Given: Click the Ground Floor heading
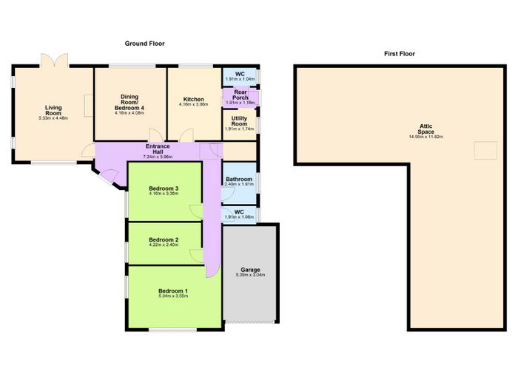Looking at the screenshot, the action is tap(145, 44).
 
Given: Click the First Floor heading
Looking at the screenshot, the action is tap(400, 54).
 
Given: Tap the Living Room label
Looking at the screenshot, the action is tap(53, 110).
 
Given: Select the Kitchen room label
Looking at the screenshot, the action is tap(194, 99).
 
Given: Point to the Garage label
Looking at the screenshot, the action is tap(250, 270).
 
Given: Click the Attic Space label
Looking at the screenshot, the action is tap(426, 129).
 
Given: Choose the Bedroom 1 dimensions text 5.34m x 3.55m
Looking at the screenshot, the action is tap(173, 296).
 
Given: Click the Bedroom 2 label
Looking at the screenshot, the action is tap(164, 239).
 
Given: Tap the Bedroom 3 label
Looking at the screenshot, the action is tap(164, 188).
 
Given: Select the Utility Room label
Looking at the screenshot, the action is tap(239, 121).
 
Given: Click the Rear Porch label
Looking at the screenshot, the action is tap(240, 95).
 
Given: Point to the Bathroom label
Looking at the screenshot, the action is tap(239, 180).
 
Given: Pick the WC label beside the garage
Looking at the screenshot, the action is tap(239, 212).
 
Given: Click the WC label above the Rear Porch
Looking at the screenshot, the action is tap(240, 74).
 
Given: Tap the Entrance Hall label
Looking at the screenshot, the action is tap(158, 149).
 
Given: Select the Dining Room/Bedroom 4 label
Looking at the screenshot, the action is tap(129, 102).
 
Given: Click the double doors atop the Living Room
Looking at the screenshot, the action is tap(55, 61).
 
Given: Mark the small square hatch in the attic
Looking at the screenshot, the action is tap(485, 150).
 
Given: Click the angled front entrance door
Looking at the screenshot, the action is tap(108, 177).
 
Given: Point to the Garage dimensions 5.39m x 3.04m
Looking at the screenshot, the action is tap(250, 275).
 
